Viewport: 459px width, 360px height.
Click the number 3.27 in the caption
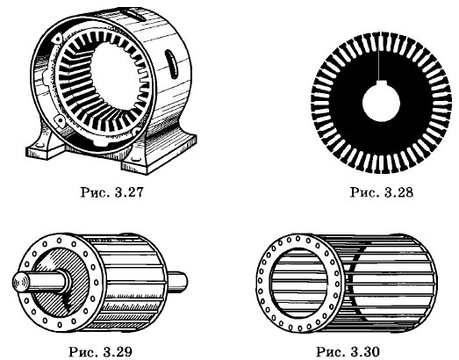tap(129, 192)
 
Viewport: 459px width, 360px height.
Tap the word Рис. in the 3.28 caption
tap(363, 192)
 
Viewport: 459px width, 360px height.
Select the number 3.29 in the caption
tap(118, 351)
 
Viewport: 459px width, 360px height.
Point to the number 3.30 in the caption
tap(365, 351)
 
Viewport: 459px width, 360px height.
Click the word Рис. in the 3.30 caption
tap(329, 351)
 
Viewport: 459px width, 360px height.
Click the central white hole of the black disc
tap(381, 103)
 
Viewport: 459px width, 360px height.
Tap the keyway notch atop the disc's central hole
tap(380, 82)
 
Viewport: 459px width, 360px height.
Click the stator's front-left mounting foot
tap(46, 147)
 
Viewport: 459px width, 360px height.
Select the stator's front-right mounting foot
tap(158, 154)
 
